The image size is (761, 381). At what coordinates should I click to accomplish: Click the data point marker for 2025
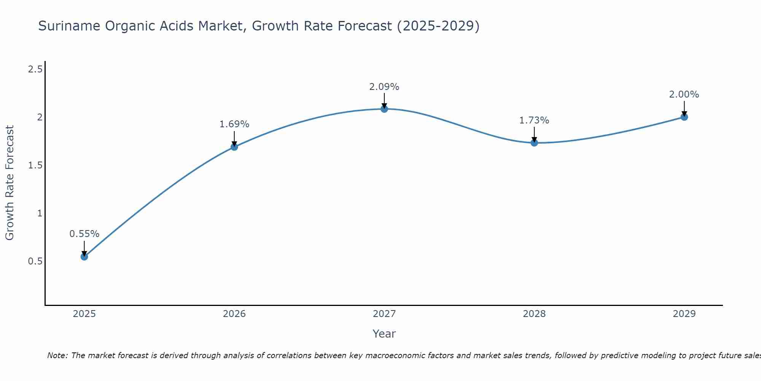click(x=84, y=257)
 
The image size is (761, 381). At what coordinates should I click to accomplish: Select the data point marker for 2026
click(x=234, y=147)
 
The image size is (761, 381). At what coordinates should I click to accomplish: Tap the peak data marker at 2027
click(x=384, y=109)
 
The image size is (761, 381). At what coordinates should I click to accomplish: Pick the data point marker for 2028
click(x=534, y=143)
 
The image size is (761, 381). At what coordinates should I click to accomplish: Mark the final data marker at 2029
click(x=684, y=117)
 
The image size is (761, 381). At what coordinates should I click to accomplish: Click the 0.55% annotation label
click(x=84, y=234)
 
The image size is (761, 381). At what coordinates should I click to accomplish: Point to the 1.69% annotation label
click(x=234, y=124)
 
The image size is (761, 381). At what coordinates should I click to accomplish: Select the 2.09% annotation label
click(x=384, y=87)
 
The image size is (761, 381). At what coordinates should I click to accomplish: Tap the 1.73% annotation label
click(x=534, y=120)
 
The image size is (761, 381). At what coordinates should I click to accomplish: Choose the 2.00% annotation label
click(x=684, y=94)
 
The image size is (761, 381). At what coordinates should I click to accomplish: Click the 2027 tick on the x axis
click(x=384, y=314)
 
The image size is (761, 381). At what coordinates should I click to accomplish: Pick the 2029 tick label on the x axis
click(x=684, y=314)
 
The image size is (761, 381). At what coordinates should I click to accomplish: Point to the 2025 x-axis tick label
click(x=84, y=314)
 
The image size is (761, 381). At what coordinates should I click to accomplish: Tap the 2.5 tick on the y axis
click(x=35, y=69)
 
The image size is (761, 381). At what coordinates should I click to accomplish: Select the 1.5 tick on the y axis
click(x=35, y=165)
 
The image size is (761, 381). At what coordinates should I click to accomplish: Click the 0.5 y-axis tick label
click(x=35, y=261)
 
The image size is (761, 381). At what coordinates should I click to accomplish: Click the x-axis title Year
click(x=384, y=334)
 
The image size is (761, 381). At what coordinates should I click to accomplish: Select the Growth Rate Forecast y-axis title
click(x=10, y=183)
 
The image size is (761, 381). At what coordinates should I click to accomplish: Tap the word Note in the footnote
click(x=57, y=355)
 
